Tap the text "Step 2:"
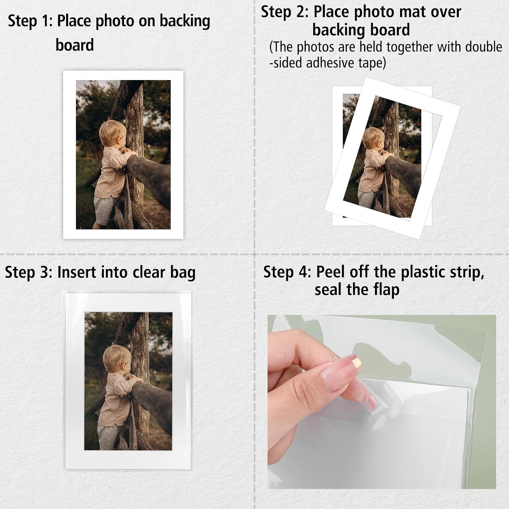click(x=285, y=12)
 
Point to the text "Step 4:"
click(x=287, y=272)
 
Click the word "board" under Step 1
click(x=75, y=45)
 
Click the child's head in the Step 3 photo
click(x=116, y=358)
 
